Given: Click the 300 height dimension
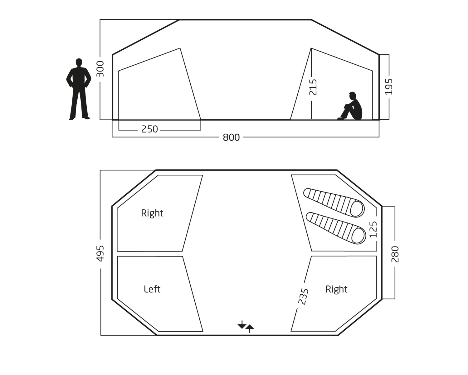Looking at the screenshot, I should [100, 69].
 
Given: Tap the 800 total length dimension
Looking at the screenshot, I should [231, 137].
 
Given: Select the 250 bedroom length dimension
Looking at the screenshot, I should [149, 129].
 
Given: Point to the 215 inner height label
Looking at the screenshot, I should [313, 87].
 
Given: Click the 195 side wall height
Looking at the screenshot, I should [388, 87].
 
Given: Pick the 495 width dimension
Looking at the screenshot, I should [100, 253].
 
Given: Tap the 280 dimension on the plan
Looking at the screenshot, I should [395, 254].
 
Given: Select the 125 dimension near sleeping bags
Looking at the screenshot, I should [373, 229].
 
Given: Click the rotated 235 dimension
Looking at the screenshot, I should [303, 296].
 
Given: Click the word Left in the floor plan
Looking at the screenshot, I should [152, 289].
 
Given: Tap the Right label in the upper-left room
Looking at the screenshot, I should [152, 213].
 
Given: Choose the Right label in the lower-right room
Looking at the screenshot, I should [336, 289].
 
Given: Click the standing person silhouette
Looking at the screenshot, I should [79, 91].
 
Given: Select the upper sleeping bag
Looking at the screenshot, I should [334, 202].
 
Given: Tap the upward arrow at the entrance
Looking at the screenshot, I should [250, 328].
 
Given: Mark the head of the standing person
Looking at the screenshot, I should [79, 62].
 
